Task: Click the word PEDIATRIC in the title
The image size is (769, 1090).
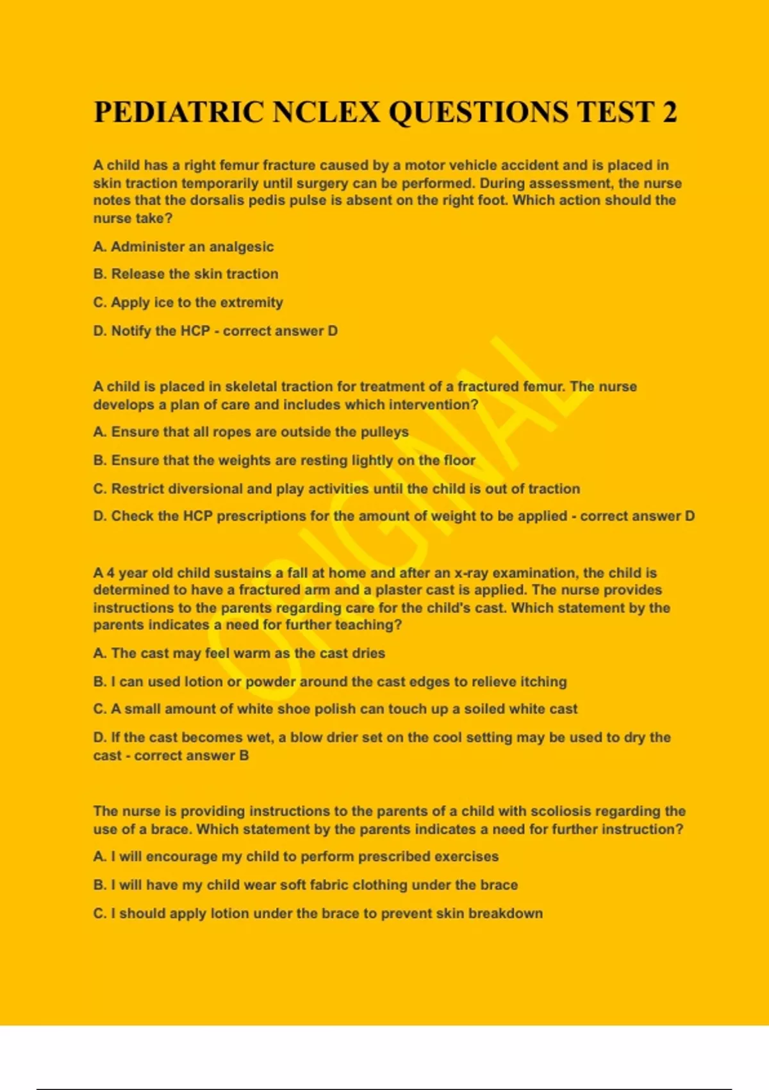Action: click(x=179, y=112)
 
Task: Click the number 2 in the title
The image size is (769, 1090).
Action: click(x=669, y=112)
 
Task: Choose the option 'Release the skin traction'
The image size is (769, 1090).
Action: click(x=186, y=274)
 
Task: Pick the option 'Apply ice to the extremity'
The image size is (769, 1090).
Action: click(x=188, y=303)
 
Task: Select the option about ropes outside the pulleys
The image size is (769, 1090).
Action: click(x=251, y=432)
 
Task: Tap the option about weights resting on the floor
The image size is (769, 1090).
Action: click(x=284, y=460)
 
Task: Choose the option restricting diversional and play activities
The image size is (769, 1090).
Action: click(x=336, y=489)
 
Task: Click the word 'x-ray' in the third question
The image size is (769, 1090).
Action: click(x=471, y=573)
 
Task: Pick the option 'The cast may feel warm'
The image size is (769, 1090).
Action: click(x=239, y=653)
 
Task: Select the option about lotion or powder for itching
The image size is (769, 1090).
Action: click(x=330, y=682)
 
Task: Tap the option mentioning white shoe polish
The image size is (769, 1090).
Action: click(x=335, y=709)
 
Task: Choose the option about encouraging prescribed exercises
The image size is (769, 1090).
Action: click(x=295, y=857)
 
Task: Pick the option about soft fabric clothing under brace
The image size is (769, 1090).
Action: click(x=305, y=885)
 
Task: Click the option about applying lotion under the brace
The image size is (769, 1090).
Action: click(x=318, y=913)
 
